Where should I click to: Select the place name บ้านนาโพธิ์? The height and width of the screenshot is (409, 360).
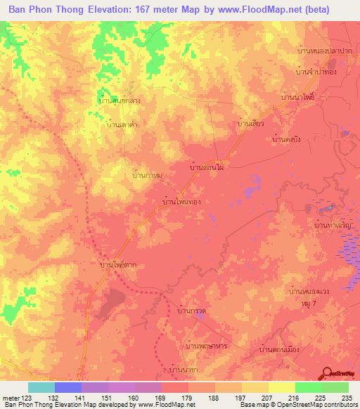tap(299, 97)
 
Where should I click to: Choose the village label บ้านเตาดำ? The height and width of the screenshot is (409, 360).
tap(120, 124)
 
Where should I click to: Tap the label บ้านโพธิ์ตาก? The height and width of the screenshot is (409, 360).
tap(119, 265)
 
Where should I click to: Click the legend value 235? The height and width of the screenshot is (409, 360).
tap(346, 397)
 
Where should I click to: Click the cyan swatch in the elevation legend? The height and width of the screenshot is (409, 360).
tap(41, 387)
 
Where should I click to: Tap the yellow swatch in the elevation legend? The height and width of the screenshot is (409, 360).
tap(281, 387)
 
